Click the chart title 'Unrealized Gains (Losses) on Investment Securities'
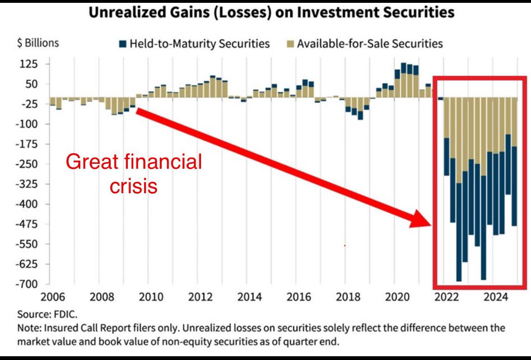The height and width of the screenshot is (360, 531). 271,12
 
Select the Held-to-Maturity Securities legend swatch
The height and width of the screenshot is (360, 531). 123,44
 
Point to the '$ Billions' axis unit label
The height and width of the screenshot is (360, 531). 38,43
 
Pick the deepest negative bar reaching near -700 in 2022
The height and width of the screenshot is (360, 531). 459,189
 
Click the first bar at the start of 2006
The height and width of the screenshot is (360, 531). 52,102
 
